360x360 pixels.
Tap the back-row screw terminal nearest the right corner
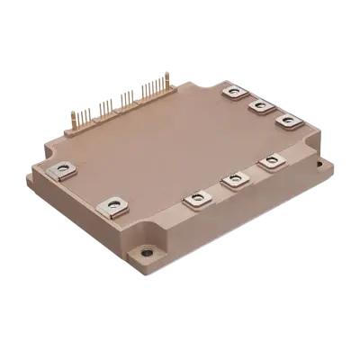click(285, 121)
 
